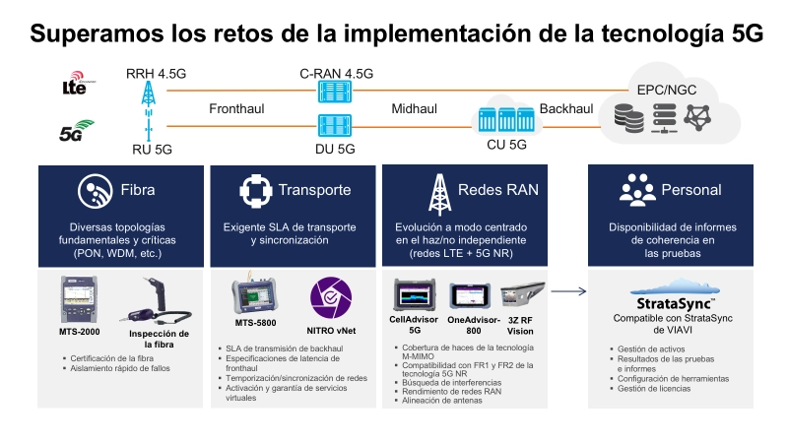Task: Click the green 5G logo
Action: click(x=77, y=131)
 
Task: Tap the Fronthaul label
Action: click(x=236, y=108)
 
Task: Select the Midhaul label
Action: click(x=414, y=108)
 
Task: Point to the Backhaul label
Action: click(x=565, y=108)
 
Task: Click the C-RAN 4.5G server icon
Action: click(x=335, y=92)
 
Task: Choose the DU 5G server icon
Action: click(x=335, y=125)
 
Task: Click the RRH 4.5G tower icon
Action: click(x=149, y=94)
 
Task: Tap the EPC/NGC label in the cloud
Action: click(x=667, y=90)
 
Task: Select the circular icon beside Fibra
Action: click(x=95, y=191)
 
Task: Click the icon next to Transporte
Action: click(x=256, y=191)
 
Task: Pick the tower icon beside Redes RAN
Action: click(x=439, y=194)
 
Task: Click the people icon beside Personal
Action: click(x=637, y=190)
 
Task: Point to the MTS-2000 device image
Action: click(x=79, y=299)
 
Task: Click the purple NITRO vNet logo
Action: click(x=331, y=298)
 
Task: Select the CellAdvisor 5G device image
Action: click(x=414, y=294)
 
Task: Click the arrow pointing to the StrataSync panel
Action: click(x=568, y=291)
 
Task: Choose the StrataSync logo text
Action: click(x=675, y=304)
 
